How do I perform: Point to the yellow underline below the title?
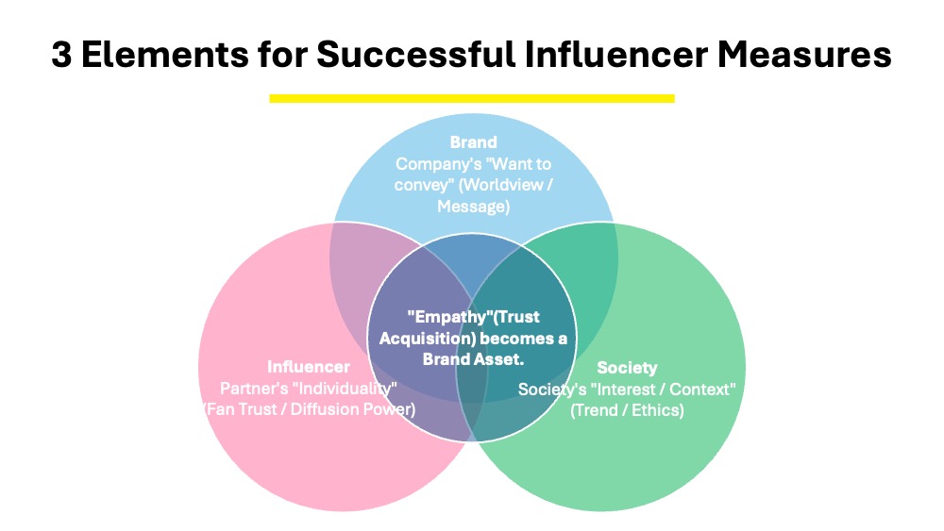(x=471, y=97)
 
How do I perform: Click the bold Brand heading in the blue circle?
(x=473, y=142)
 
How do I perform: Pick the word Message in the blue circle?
(x=473, y=206)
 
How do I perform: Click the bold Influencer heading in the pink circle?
(x=308, y=367)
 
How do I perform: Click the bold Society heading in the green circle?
(x=627, y=367)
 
